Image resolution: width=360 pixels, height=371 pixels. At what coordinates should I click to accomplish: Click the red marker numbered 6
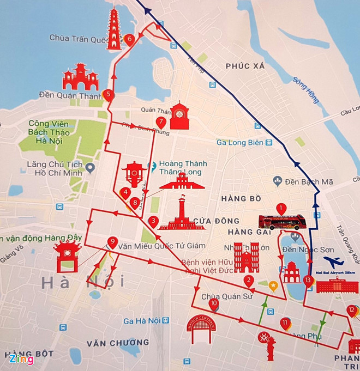tap(129, 40)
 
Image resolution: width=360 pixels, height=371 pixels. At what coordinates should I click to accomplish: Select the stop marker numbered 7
tap(161, 122)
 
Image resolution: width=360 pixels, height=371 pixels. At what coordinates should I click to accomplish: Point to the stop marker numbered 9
tap(112, 242)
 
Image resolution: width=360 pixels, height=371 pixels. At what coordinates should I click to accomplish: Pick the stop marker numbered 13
tap(309, 281)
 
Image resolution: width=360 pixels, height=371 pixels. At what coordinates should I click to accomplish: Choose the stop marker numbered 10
tap(213, 303)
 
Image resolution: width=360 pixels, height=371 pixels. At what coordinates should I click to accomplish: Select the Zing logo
tap(21, 359)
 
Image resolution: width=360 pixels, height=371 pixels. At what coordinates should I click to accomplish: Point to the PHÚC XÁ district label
tap(245, 66)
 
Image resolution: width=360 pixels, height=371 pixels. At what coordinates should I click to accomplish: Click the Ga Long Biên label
tap(240, 143)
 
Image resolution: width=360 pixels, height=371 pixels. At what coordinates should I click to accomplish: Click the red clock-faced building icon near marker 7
tap(179, 115)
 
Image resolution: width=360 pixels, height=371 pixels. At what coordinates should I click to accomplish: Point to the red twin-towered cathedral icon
tap(246, 258)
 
